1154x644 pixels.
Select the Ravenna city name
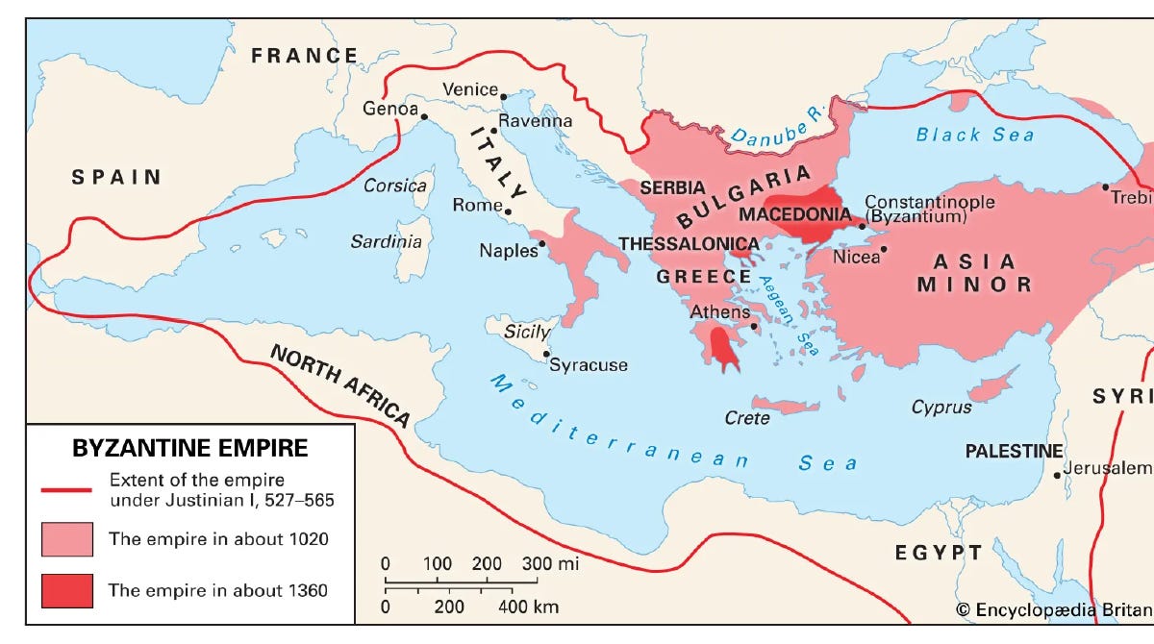click(x=536, y=121)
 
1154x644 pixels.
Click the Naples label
click(x=508, y=251)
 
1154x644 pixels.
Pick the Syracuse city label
click(x=589, y=364)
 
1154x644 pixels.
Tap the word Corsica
click(x=394, y=186)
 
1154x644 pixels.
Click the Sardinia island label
click(x=386, y=241)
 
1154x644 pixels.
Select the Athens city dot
click(x=756, y=326)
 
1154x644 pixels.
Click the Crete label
click(x=747, y=418)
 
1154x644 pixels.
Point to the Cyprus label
click(x=941, y=408)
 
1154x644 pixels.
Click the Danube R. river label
click(x=774, y=129)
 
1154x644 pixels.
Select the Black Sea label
click(x=974, y=135)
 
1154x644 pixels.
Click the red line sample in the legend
click(x=66, y=489)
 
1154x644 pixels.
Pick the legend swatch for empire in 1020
click(x=66, y=539)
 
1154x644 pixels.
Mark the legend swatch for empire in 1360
click(x=66, y=590)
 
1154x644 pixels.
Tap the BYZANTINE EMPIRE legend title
click(x=190, y=448)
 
